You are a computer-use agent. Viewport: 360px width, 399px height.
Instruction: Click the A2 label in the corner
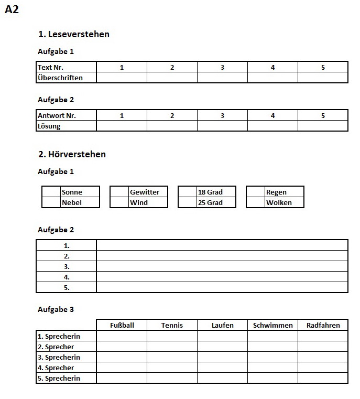click(12, 9)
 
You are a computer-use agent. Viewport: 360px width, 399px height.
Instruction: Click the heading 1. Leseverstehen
click(74, 34)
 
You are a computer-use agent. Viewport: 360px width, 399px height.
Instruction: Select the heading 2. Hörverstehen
click(72, 154)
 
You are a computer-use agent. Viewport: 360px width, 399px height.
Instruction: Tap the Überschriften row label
click(60, 78)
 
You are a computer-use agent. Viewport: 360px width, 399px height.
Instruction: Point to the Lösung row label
click(49, 126)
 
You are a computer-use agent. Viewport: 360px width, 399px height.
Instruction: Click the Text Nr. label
click(50, 67)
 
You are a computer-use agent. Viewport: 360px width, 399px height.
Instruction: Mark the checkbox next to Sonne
click(51, 192)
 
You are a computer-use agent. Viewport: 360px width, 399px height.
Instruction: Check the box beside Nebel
click(51, 202)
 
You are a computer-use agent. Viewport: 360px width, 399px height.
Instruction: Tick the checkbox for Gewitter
click(119, 192)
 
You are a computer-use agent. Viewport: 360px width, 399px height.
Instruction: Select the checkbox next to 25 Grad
click(188, 202)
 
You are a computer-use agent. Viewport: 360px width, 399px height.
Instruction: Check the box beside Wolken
click(256, 202)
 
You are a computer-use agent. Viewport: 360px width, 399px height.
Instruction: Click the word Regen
click(276, 192)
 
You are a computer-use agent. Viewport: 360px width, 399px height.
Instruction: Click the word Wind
click(139, 202)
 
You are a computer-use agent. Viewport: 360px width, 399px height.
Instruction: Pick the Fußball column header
click(122, 325)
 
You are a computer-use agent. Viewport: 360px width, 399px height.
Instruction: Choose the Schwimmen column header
click(272, 325)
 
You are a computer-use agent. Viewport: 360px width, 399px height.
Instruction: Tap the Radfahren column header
click(323, 325)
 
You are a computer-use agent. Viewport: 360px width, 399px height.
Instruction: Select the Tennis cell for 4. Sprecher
click(172, 368)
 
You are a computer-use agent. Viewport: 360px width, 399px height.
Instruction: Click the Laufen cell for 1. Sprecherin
click(222, 336)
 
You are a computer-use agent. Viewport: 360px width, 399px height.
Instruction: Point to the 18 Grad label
click(210, 192)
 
